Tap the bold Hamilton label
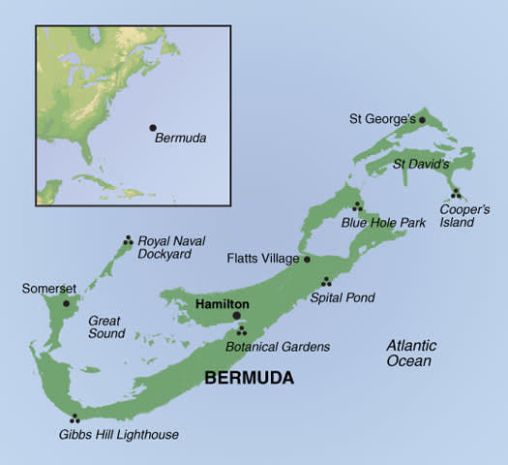pyautogui.click(x=223, y=303)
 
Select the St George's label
pyautogui.click(x=382, y=119)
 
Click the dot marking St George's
pyautogui.click(x=422, y=120)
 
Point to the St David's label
pyautogui.click(x=421, y=165)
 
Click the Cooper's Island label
pyautogui.click(x=458, y=215)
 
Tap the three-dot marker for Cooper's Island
pyautogui.click(x=455, y=193)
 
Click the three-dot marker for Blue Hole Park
pyautogui.click(x=357, y=206)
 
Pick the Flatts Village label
pyautogui.click(x=263, y=259)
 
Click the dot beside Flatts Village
pyautogui.click(x=307, y=259)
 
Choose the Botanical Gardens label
pyautogui.click(x=278, y=346)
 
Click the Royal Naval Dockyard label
pyautogui.click(x=171, y=247)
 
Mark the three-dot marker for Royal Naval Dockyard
pyautogui.click(x=128, y=241)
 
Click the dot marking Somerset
pyautogui.click(x=66, y=303)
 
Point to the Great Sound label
pyautogui.click(x=106, y=326)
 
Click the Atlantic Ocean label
pyautogui.click(x=411, y=354)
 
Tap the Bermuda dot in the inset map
pyautogui.click(x=152, y=127)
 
